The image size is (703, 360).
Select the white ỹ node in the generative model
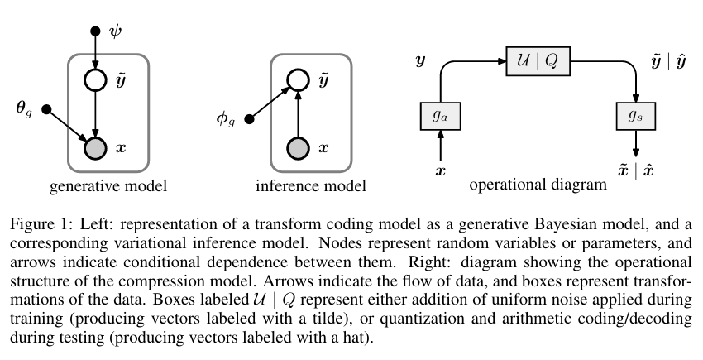(x=96, y=81)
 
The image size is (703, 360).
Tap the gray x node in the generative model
(x=96, y=147)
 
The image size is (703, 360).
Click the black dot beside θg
(x=46, y=110)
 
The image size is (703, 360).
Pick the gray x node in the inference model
(x=298, y=147)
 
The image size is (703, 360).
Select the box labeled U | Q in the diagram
(x=538, y=62)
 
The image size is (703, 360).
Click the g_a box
(x=440, y=115)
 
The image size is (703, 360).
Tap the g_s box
(x=636, y=115)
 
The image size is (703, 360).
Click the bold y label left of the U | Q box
(x=421, y=61)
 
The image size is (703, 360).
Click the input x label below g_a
(x=440, y=172)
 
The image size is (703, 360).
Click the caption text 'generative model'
(x=108, y=186)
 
